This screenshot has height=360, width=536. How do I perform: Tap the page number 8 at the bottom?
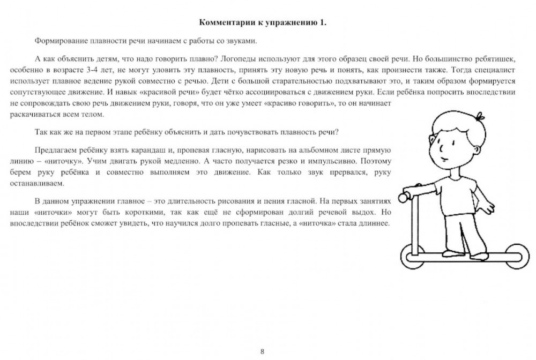point(262,351)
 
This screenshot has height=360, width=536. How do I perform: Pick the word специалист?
point(491,70)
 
